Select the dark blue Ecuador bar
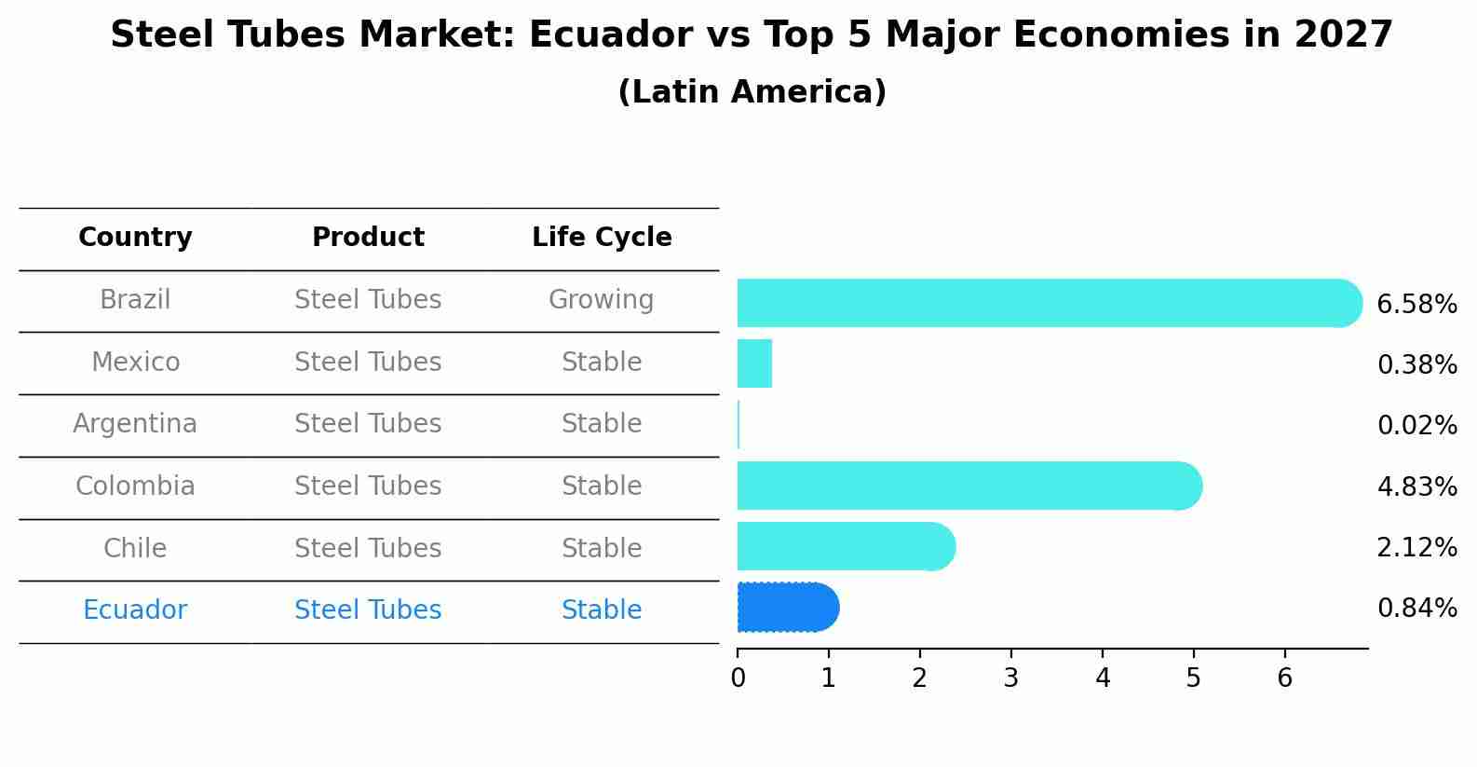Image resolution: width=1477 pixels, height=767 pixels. pos(787,608)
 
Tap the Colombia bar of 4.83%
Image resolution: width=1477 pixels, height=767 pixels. pos(969,486)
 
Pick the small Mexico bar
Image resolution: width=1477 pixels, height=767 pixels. pos(754,363)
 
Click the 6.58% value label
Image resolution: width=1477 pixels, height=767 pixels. pos(1416,305)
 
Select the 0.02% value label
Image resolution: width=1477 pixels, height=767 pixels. pos(1416,426)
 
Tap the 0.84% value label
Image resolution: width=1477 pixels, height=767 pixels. pos(1416,609)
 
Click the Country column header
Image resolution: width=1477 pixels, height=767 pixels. pos(135,238)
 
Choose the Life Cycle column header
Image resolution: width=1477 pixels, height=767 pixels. pos(602,238)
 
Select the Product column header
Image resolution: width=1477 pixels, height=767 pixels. pos(368,238)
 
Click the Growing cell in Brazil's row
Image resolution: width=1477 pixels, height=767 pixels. pos(601,300)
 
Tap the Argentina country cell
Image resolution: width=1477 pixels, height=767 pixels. pos(135,424)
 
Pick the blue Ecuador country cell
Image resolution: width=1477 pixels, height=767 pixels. pos(135,610)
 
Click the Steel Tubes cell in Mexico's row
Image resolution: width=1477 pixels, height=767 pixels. pos(368,363)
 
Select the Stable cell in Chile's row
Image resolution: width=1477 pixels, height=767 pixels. pos(602,549)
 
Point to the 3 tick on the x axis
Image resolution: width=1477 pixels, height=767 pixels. pos(1011,678)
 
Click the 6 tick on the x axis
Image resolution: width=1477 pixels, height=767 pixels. pos(1285,678)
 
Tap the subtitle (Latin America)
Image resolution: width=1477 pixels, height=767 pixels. pos(752,92)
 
